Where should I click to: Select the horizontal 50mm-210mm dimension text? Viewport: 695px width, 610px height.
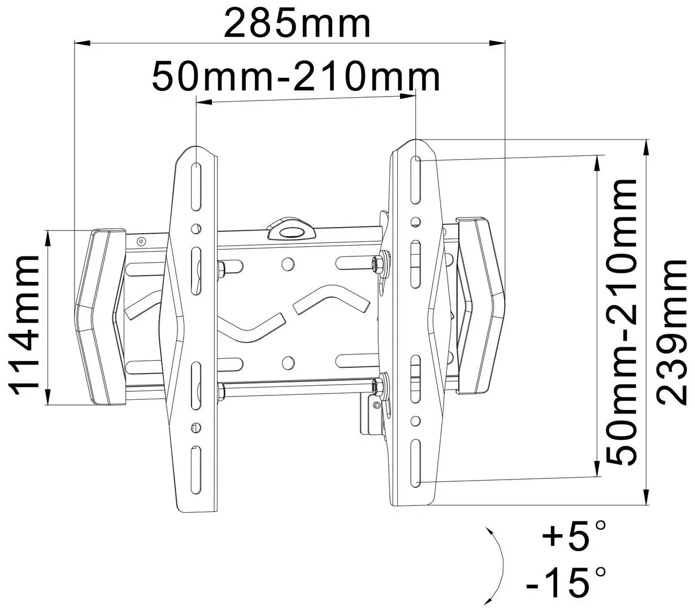point(296,77)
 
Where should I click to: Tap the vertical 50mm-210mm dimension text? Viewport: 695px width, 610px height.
point(620,322)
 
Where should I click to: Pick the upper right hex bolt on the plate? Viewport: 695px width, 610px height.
point(376,263)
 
